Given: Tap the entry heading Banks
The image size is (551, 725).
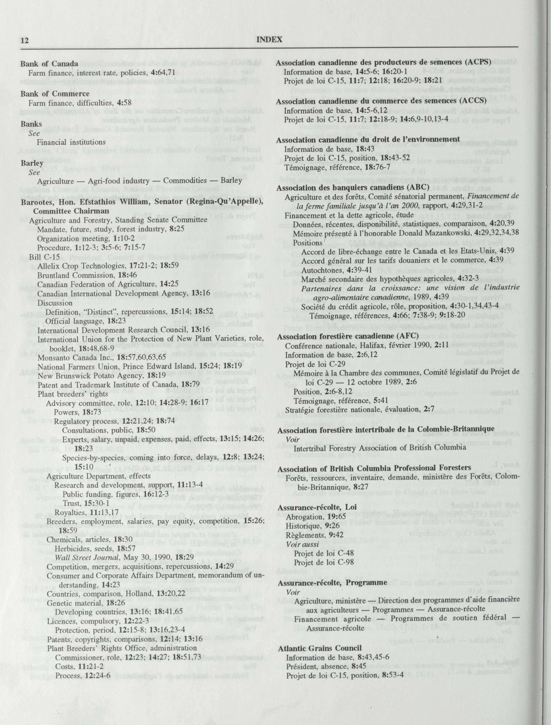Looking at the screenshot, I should pyautogui.click(x=32, y=124).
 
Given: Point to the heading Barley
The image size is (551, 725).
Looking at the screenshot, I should pyautogui.click(x=32, y=163).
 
